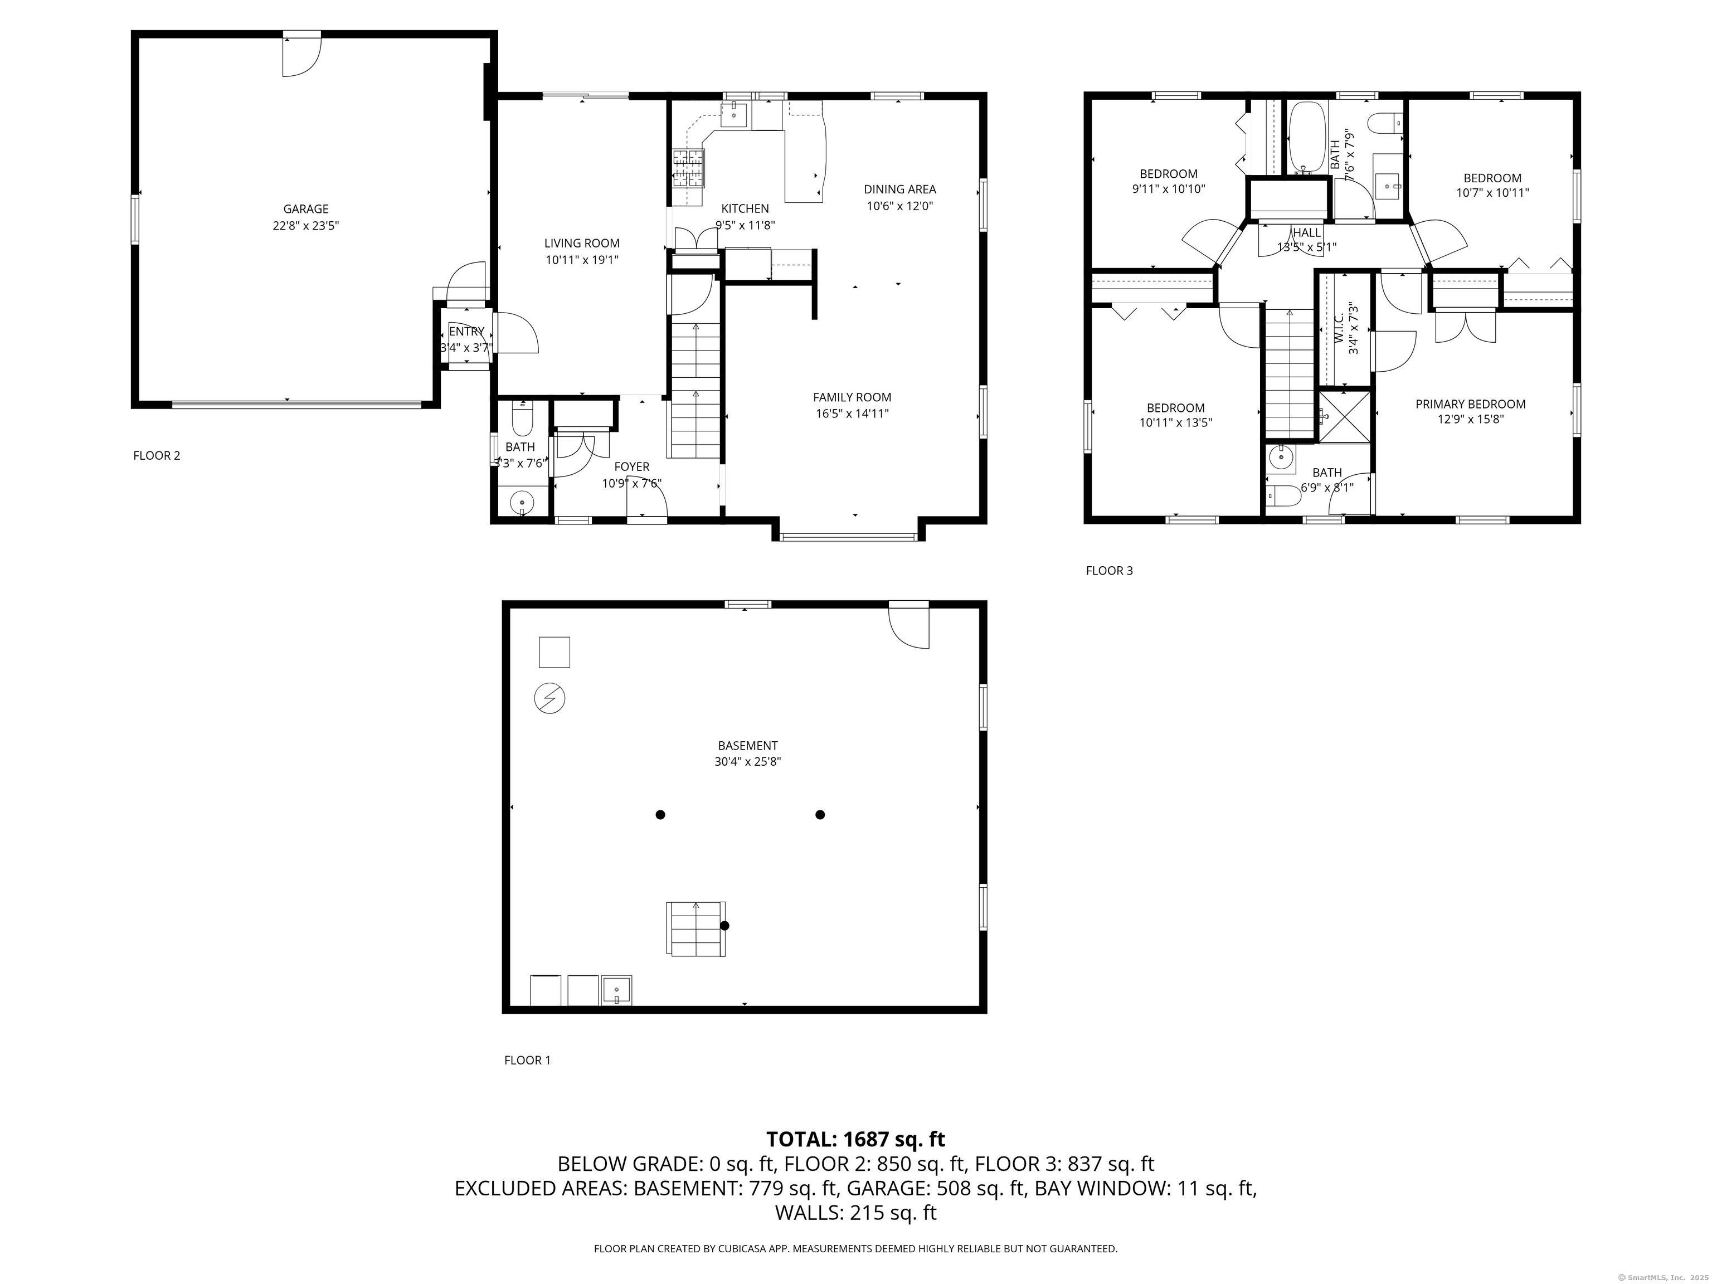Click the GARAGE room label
pyautogui.click(x=306, y=209)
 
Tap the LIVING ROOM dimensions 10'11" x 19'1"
pyautogui.click(x=582, y=260)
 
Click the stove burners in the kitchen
pyautogui.click(x=688, y=168)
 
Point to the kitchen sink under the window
pyautogui.click(x=733, y=115)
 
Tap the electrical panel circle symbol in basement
pyautogui.click(x=549, y=699)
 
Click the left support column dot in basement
pyautogui.click(x=660, y=814)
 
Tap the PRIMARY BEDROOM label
pyautogui.click(x=1471, y=404)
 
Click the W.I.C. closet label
pyautogui.click(x=1339, y=328)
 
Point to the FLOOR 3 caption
pyautogui.click(x=1109, y=571)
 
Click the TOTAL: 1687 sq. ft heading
pyautogui.click(x=855, y=1139)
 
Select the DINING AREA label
pyautogui.click(x=900, y=189)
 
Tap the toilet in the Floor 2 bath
pyautogui.click(x=522, y=420)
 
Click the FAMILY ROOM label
pyautogui.click(x=852, y=397)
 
